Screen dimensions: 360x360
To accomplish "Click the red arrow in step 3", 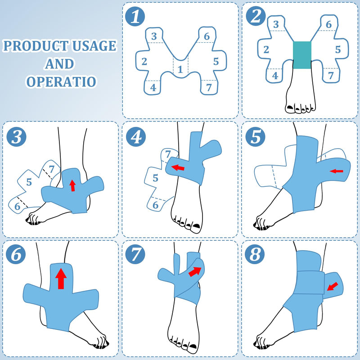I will point(72,184).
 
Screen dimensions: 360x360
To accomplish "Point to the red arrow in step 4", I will point(179,168).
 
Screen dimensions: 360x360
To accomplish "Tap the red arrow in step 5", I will point(336,171).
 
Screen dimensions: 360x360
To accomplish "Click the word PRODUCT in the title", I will point(34,46).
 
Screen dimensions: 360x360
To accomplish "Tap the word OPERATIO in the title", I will point(60,82).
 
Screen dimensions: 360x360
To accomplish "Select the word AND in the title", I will point(59,64).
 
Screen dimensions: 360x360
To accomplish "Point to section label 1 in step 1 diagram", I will point(180,69).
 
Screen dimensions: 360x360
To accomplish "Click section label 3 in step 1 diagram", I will point(154,36).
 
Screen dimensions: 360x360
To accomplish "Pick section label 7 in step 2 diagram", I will point(331,76).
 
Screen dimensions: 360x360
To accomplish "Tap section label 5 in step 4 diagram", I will point(155,177).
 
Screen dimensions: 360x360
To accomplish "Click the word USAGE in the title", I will point(93,46).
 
